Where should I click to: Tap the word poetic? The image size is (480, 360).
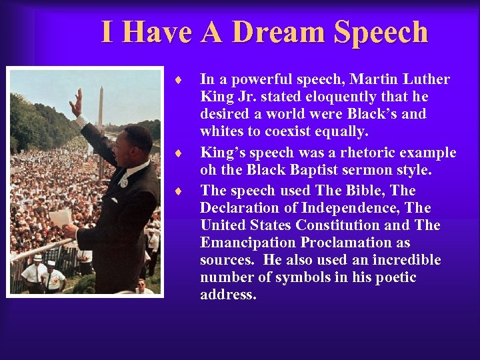tap(393, 277)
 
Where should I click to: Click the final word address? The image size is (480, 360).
tap(228, 295)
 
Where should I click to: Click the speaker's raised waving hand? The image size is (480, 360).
tap(76, 103)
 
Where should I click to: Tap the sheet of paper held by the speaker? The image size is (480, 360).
tap(60, 217)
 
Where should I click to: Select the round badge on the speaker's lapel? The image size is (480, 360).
tap(123, 181)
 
